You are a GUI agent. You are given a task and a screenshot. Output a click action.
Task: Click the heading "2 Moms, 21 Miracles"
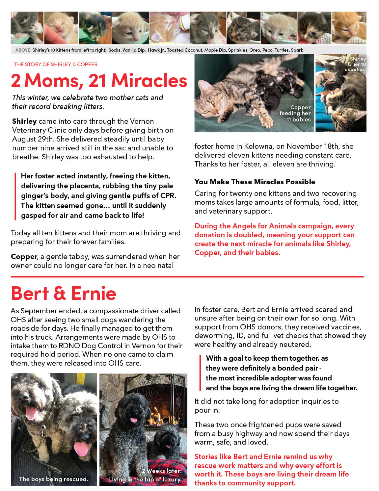click(99, 81)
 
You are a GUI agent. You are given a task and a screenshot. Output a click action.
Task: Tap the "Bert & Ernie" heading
click(64, 293)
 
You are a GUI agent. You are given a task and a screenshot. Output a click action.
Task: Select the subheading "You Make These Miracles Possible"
click(255, 182)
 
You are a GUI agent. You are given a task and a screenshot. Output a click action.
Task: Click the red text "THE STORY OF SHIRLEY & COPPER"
click(56, 65)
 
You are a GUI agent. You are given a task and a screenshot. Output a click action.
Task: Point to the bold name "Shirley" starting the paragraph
click(24, 121)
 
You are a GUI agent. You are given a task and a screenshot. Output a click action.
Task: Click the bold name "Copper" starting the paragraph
click(24, 257)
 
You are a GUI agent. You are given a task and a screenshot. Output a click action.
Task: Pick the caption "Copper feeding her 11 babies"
click(295, 114)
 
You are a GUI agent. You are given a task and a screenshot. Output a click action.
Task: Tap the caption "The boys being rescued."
click(53, 479)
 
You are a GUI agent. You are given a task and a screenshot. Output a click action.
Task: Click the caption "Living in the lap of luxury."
click(145, 479)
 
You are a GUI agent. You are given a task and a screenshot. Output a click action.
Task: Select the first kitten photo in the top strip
click(27, 28)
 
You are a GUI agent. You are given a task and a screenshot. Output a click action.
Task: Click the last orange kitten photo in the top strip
click(349, 28)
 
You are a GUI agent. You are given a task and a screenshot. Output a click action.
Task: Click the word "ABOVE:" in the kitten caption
click(23, 50)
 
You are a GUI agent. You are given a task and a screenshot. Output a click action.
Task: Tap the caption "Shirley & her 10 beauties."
click(356, 64)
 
